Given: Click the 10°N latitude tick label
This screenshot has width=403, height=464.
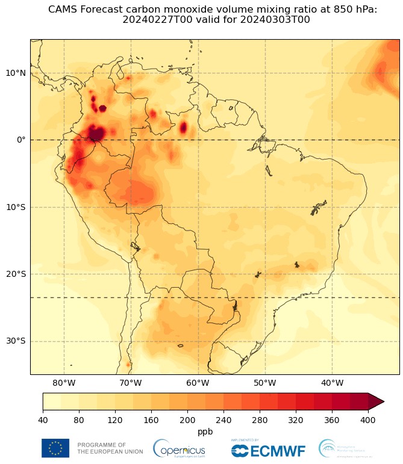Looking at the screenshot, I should click(x=15, y=73).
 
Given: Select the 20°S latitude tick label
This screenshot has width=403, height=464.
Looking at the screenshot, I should click(x=15, y=274).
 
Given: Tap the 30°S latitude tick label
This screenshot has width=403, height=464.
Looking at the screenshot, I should click(x=15, y=341).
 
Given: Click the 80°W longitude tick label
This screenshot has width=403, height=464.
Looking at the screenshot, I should click(x=64, y=383).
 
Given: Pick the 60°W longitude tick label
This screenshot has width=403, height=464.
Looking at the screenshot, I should click(x=198, y=383).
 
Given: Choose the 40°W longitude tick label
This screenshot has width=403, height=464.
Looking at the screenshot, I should click(x=332, y=383).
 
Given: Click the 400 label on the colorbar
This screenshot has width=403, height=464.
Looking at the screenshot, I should click(x=368, y=420).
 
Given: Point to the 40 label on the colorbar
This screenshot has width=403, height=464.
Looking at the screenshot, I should click(x=43, y=420).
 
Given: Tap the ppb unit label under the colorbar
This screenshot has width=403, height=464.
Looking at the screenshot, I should click(x=205, y=432).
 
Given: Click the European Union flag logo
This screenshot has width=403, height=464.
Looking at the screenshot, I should click(x=55, y=448).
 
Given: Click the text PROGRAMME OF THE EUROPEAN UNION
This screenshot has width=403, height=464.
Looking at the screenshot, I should click(x=110, y=448).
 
